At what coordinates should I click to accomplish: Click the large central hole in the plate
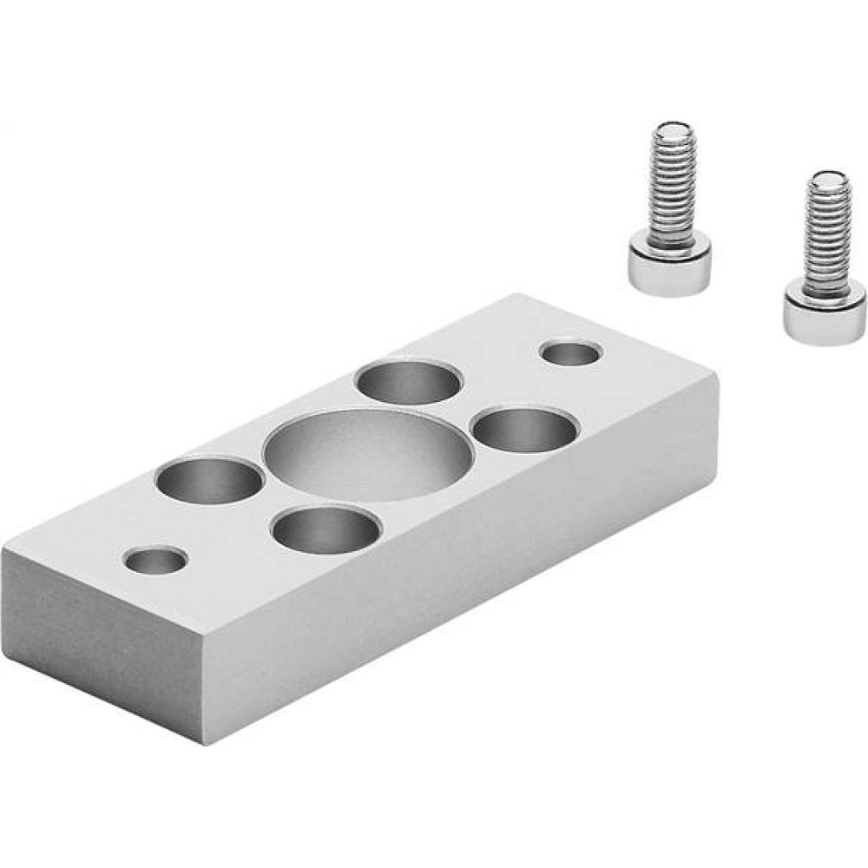point(369,455)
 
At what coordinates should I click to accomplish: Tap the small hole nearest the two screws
point(571,353)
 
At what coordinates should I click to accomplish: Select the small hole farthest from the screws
point(155,560)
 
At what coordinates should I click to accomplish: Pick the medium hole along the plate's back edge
point(409,383)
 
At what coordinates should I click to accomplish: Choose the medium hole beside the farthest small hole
point(208,481)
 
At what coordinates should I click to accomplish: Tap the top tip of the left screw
point(668,132)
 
